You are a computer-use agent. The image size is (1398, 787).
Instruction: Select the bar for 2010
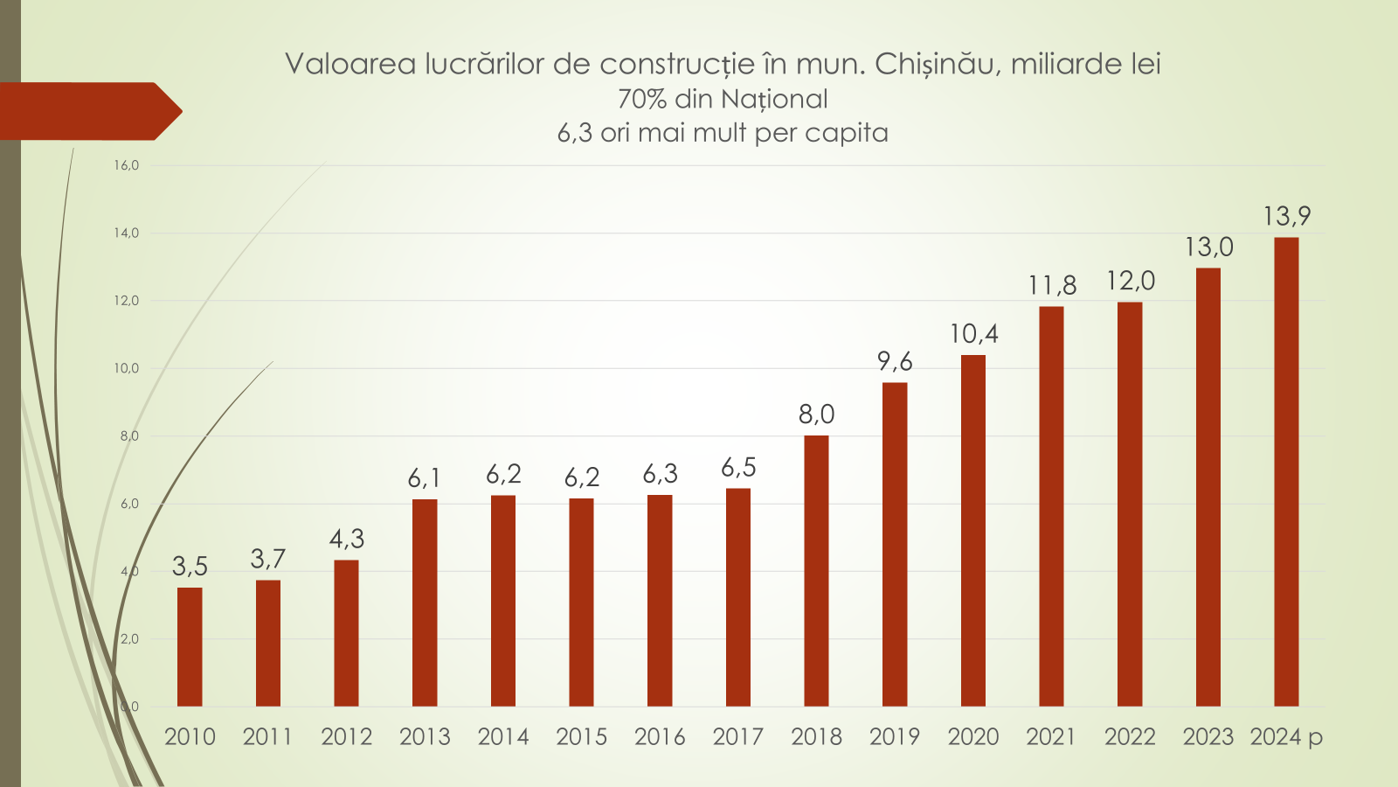pyautogui.click(x=190, y=647)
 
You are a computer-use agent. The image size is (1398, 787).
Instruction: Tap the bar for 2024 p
pyautogui.click(x=1286, y=472)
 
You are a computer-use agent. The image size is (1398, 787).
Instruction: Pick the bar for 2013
pyautogui.click(x=425, y=603)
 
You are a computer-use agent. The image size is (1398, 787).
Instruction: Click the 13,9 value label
pyautogui.click(x=1286, y=216)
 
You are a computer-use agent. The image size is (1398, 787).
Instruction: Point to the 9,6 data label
pyautogui.click(x=895, y=361)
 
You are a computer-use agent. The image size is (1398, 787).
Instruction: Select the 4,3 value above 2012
pyautogui.click(x=347, y=539)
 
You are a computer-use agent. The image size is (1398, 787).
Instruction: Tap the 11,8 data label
pyautogui.click(x=1052, y=285)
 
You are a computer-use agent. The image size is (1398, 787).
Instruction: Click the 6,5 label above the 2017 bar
pyautogui.click(x=738, y=468)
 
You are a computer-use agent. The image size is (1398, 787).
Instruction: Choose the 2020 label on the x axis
pyautogui.click(x=973, y=737)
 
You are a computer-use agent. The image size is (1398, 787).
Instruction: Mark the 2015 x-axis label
pyautogui.click(x=581, y=737)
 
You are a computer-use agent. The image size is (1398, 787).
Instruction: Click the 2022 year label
pyautogui.click(x=1130, y=737)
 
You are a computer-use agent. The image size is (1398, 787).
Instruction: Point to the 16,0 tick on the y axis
pyautogui.click(x=126, y=165)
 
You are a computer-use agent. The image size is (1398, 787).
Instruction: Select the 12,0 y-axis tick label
pyautogui.click(x=126, y=301)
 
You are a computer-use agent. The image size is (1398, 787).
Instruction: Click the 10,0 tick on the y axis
pyautogui.click(x=126, y=368)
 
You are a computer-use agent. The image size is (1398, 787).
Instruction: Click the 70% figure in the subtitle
pyautogui.click(x=642, y=99)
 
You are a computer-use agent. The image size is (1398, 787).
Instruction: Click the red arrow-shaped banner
pyautogui.click(x=87, y=111)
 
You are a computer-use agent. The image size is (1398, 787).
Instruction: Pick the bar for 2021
pyautogui.click(x=1051, y=506)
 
